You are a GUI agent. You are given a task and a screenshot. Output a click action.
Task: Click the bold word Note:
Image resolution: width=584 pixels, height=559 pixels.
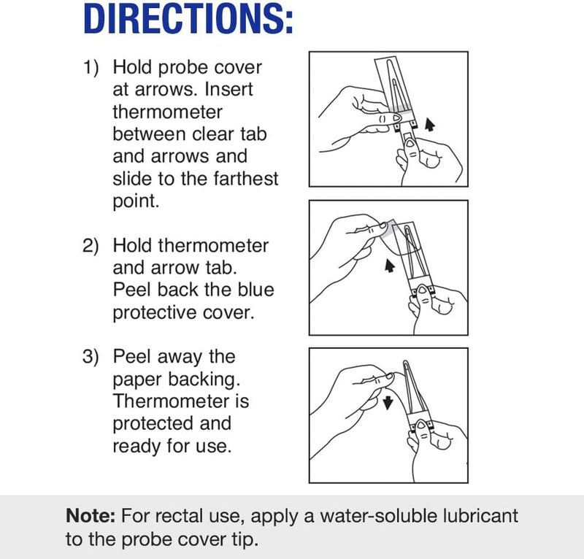[90, 516]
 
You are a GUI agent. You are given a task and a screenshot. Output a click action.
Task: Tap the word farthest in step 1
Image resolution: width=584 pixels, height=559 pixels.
[242, 178]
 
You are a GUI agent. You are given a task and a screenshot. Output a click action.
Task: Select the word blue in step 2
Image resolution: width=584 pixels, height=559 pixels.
[255, 290]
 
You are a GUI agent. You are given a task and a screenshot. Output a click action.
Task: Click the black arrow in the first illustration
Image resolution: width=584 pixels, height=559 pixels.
[430, 123]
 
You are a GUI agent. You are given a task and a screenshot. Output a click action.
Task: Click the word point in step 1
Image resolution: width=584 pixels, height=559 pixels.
[135, 201]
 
